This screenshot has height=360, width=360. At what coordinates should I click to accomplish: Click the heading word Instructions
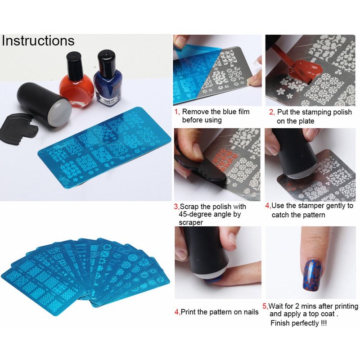point(38,40)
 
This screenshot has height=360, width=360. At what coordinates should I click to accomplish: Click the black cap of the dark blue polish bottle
point(106,61)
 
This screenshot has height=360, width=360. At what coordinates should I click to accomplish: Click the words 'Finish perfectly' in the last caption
point(295,323)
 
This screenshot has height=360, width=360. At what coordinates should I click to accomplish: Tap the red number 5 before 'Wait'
point(265,306)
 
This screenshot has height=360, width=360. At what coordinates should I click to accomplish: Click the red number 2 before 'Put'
point(271,112)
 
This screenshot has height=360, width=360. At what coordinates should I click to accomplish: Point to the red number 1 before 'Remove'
point(176,112)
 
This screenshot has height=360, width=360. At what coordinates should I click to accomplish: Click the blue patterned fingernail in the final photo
point(312,275)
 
